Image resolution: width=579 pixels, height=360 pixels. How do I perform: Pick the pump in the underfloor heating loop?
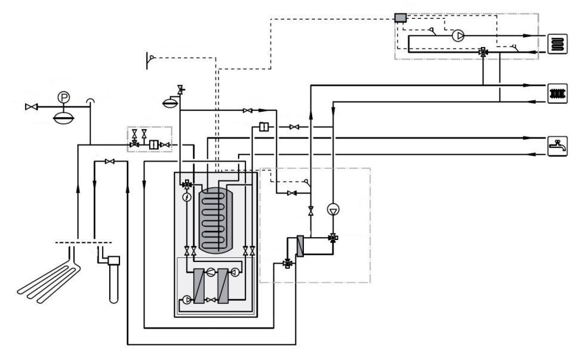458,35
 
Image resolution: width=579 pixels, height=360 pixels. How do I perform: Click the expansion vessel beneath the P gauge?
63,116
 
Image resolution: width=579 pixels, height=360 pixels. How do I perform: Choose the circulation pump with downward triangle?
332,210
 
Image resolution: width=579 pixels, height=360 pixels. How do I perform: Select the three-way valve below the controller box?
482,53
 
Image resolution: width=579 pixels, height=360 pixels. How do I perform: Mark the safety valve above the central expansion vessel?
180,90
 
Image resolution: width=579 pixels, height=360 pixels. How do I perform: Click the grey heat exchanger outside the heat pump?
300,246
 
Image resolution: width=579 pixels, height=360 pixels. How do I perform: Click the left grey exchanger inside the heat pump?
199,286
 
